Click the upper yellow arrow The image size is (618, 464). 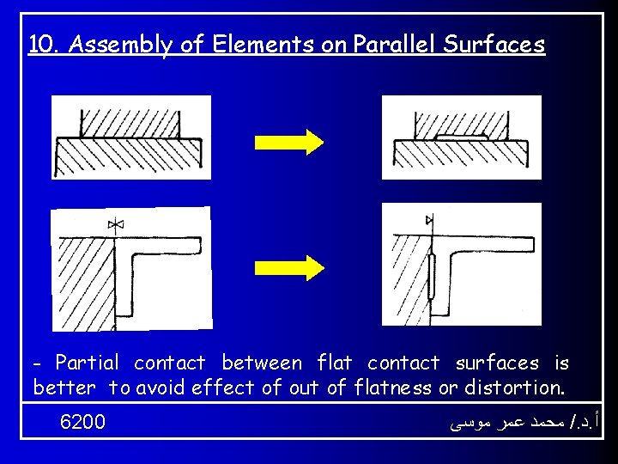click(288, 141)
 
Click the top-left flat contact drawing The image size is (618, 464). click(130, 137)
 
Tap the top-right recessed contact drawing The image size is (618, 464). click(461, 137)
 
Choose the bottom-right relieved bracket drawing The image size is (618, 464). click(461, 265)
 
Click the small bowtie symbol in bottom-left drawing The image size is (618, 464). click(117, 225)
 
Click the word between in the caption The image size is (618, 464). click(262, 363)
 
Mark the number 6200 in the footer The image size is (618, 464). click(83, 422)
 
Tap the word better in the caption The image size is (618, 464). click(64, 388)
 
